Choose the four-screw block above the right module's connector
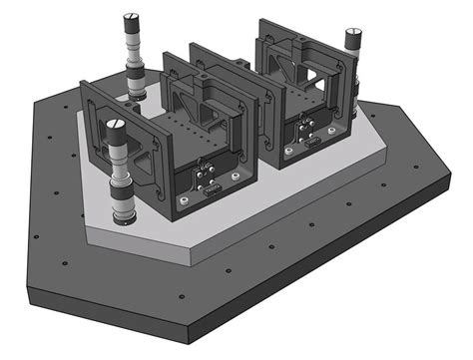[309, 126]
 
